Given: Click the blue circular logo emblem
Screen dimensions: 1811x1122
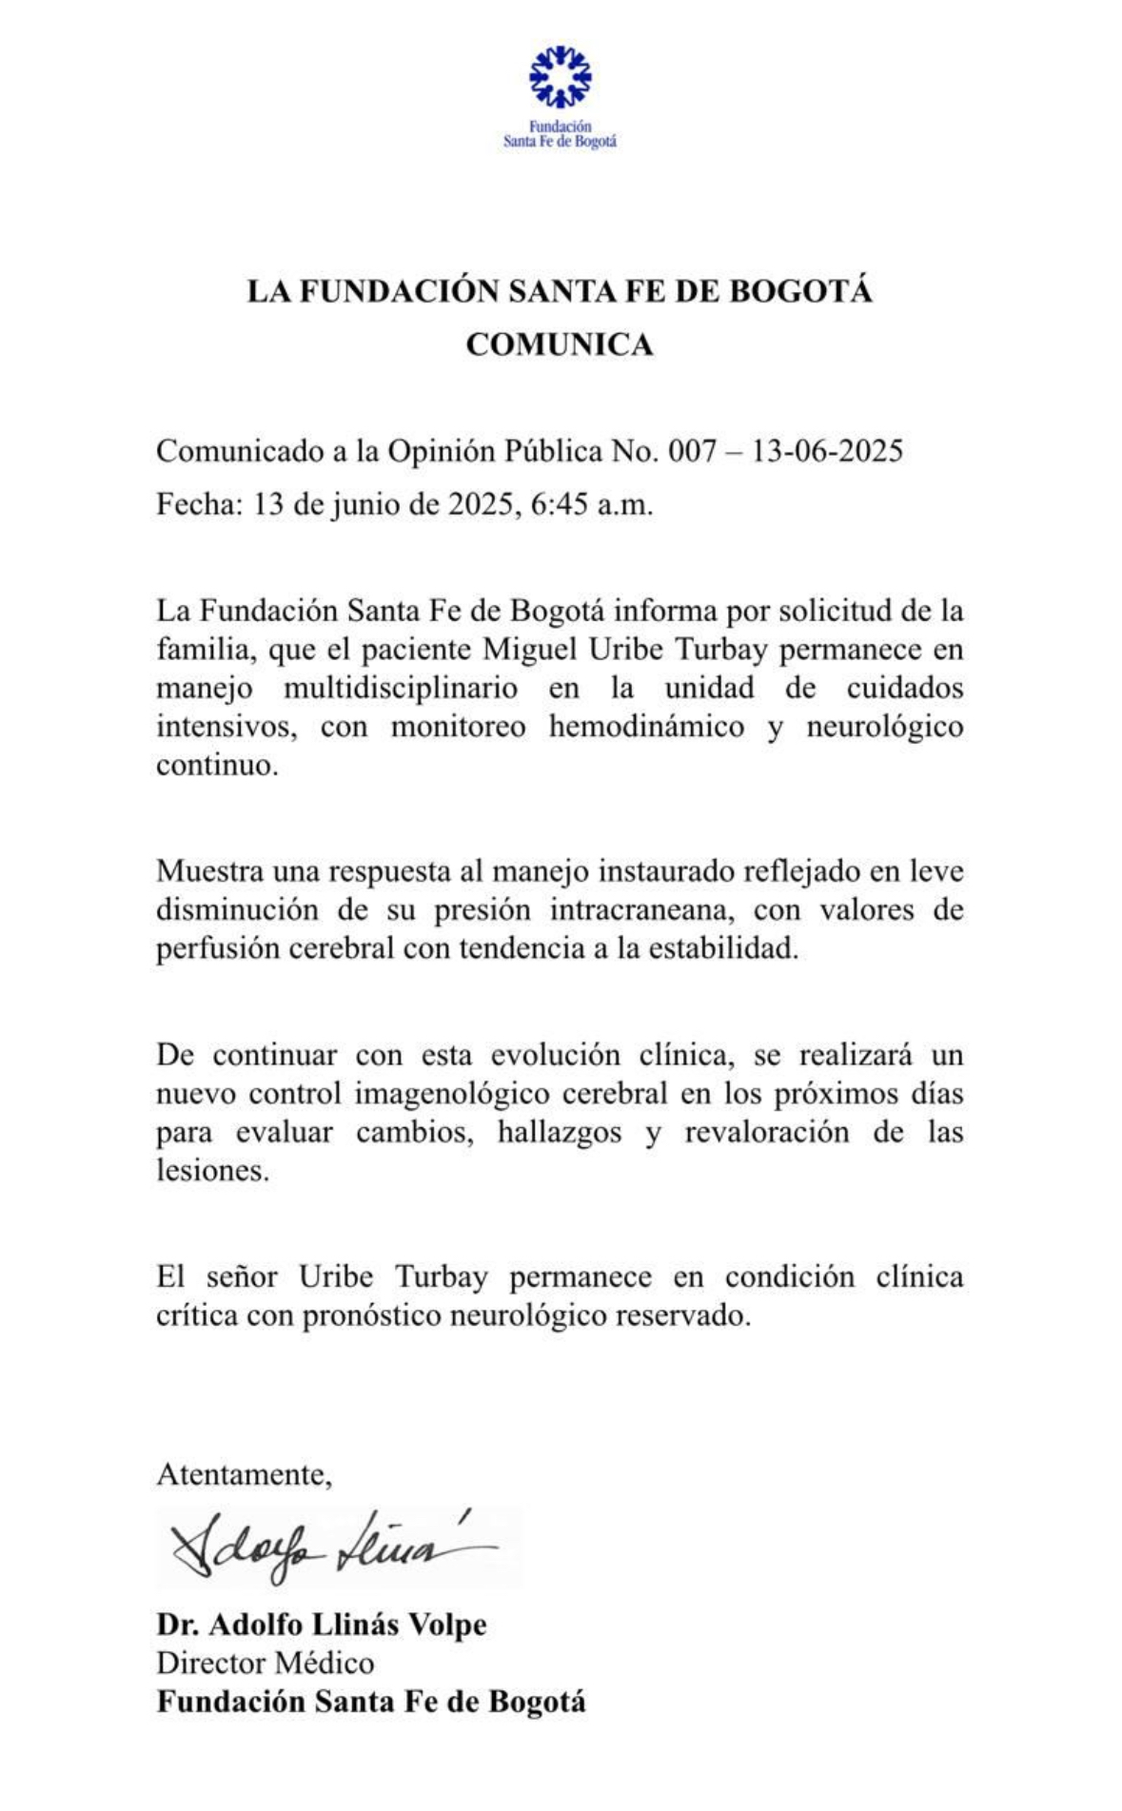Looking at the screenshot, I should coord(560,76).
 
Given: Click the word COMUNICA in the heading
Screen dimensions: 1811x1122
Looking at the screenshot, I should coord(560,344).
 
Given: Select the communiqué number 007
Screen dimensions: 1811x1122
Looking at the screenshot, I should coord(692,451).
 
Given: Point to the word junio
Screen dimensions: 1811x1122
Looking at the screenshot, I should coord(369,504).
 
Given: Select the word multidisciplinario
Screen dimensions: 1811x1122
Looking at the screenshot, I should coord(401,688).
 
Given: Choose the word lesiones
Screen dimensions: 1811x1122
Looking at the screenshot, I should coord(213,1171).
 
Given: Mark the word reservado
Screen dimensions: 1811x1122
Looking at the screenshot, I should coord(684,1315).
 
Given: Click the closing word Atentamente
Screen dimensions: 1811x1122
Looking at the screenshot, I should coord(244,1474).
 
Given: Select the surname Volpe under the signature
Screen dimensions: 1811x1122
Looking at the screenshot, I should coord(447,1625).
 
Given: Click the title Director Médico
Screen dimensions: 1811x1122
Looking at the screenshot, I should coord(266,1663).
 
